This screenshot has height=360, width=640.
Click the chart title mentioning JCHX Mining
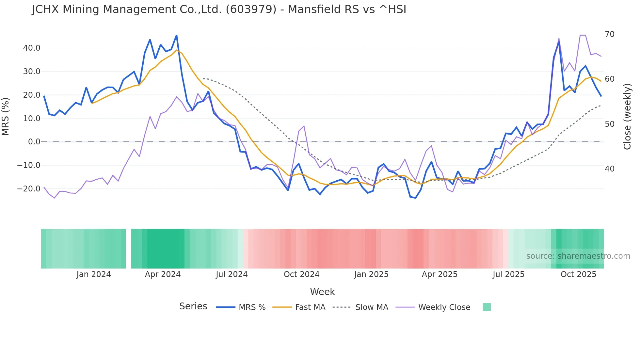click(219, 9)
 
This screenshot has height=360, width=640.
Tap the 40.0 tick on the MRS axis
click(32, 48)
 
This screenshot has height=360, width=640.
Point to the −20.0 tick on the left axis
click(29, 189)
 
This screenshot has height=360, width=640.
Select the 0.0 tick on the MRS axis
click(34, 142)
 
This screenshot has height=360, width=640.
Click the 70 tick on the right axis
click(609, 34)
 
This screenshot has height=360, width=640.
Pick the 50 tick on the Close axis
click(609, 124)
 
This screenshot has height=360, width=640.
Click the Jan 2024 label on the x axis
click(94, 274)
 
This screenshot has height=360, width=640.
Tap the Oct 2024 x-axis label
click(301, 274)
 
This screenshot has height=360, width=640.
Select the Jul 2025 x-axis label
click(508, 274)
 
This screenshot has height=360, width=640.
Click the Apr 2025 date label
click(440, 274)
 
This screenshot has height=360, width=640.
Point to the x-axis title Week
click(322, 292)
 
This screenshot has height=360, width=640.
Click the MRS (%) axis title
click(6, 116)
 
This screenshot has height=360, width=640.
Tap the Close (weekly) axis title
click(627, 117)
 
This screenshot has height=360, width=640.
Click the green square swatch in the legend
click(487, 307)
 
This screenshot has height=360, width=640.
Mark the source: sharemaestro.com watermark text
click(578, 256)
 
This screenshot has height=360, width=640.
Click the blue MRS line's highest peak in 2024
click(177, 35)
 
